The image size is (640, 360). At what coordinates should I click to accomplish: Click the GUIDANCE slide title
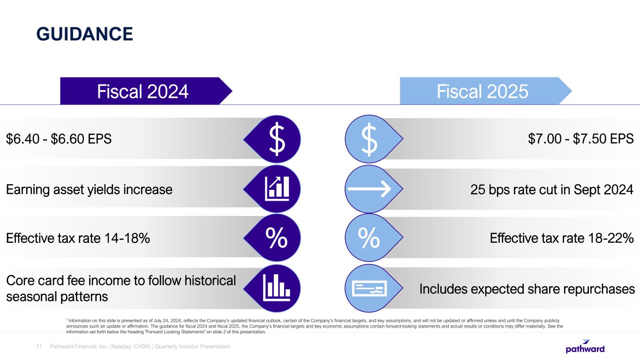tap(85, 34)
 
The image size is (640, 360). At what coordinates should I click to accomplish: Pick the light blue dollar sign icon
tap(370, 138)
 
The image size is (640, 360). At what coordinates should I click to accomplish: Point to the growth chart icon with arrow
tap(277, 188)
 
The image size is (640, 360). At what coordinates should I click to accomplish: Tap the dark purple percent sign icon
tap(277, 239)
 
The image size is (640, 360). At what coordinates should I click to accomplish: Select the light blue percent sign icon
tap(369, 239)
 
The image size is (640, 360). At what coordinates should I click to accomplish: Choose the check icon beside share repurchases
tap(369, 288)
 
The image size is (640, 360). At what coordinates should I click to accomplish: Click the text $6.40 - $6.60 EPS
tap(59, 139)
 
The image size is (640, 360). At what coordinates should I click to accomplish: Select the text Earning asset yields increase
tap(89, 189)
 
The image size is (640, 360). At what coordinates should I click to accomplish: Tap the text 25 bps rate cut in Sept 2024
tap(551, 189)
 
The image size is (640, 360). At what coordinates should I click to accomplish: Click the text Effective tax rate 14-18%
tap(78, 239)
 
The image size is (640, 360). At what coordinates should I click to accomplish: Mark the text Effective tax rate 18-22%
tap(562, 239)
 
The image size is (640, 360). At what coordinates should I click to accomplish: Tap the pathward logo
tap(585, 347)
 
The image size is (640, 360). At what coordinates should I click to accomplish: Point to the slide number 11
tap(39, 346)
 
